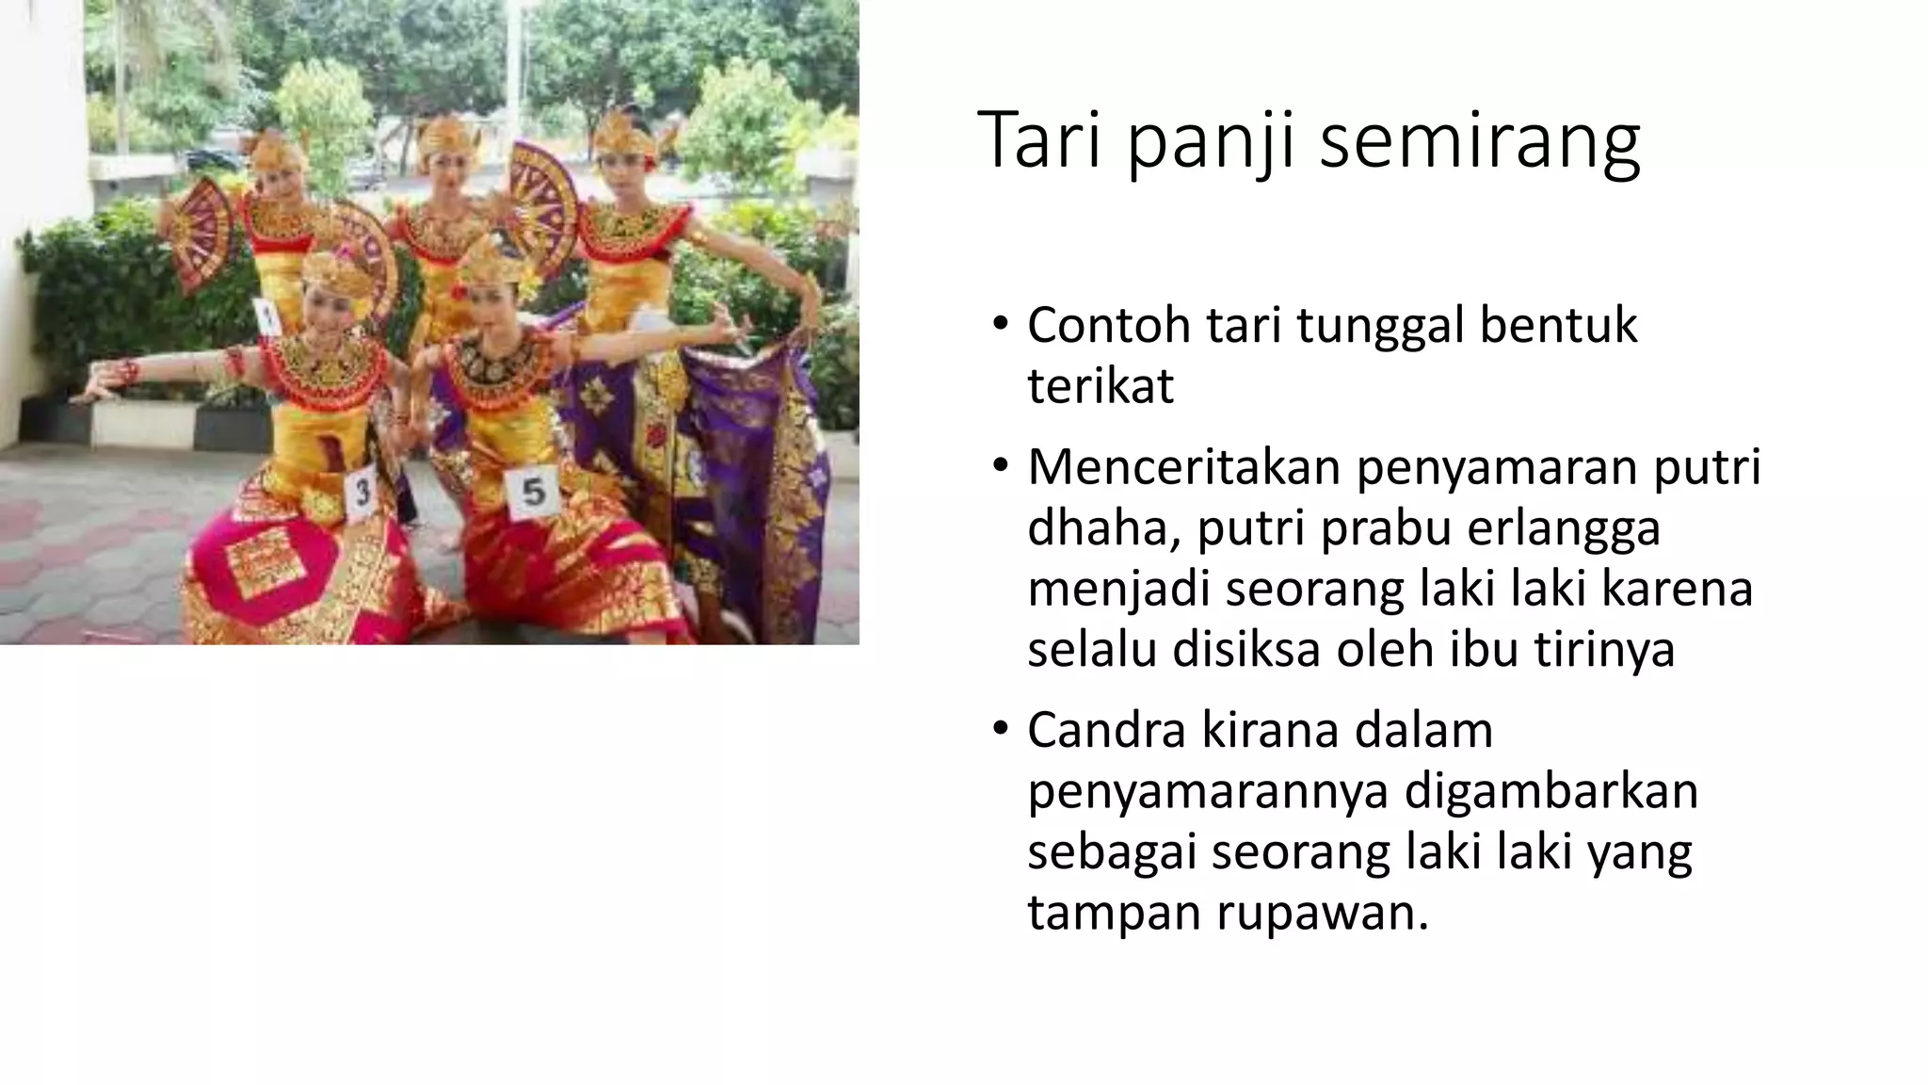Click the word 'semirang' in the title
coord(1480,141)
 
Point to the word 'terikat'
coord(1100,386)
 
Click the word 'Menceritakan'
coord(1183,467)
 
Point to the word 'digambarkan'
coord(1550,792)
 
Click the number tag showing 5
coord(533,492)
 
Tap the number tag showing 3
coord(361,492)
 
